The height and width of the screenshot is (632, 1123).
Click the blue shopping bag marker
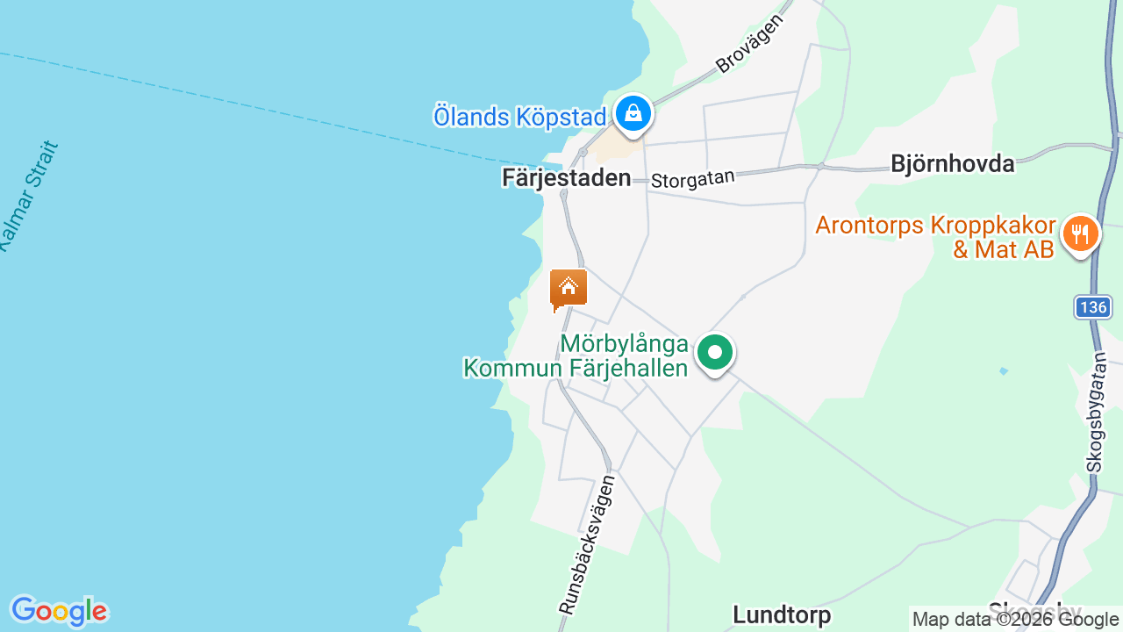(x=633, y=113)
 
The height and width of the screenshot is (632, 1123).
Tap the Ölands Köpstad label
(x=519, y=116)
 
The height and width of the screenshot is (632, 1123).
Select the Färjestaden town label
(x=566, y=177)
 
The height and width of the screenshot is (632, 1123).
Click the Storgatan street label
(x=692, y=179)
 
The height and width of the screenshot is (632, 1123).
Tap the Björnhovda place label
(x=952, y=163)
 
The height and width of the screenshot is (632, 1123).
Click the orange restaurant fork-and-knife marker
(x=1080, y=234)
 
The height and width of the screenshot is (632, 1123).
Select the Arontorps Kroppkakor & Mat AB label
(x=935, y=237)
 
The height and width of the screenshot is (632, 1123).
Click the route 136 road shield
(x=1093, y=307)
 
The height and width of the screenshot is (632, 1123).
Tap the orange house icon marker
(x=568, y=288)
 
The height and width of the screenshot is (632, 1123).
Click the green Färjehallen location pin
(x=715, y=354)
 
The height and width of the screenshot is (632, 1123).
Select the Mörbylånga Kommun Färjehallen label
(x=576, y=355)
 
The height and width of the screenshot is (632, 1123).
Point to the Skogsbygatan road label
(x=1096, y=412)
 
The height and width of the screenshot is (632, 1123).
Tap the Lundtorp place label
(x=782, y=614)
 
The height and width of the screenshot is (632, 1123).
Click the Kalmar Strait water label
(x=28, y=197)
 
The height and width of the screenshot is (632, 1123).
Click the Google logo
(x=59, y=611)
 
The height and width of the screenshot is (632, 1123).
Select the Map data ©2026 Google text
(x=1016, y=620)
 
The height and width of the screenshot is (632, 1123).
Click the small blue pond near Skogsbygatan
(x=1003, y=371)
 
